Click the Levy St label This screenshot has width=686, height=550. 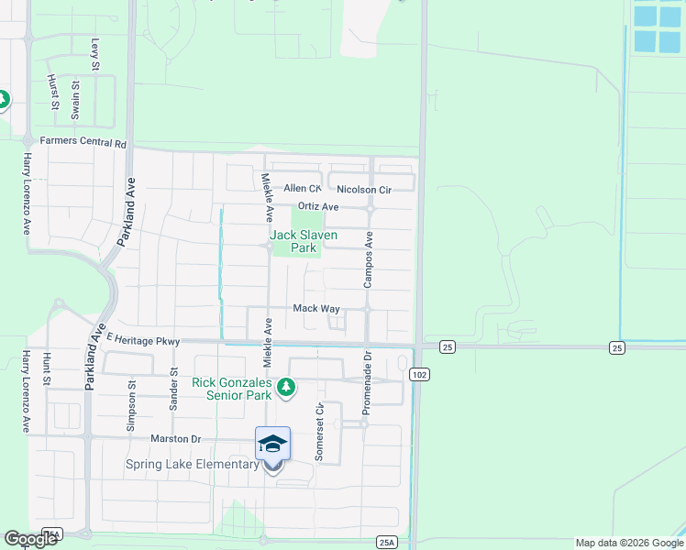coord(94,53)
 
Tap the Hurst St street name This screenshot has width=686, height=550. coord(52,93)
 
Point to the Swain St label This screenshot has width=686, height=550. coord(76,99)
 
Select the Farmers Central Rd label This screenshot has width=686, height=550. coord(83,143)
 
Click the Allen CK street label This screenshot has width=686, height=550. coord(303,189)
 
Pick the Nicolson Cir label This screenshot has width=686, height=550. coord(364,190)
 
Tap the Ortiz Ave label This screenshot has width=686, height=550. coord(319,207)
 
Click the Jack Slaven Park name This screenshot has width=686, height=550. coord(304,241)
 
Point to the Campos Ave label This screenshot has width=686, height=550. coord(369,259)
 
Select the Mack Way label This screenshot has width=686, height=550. coord(316,309)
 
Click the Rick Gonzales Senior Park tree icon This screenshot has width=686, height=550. coord(286,388)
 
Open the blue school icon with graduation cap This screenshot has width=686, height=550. coord(272,444)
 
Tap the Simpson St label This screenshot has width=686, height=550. coord(130,401)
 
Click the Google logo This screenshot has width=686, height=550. coord(30,539)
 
